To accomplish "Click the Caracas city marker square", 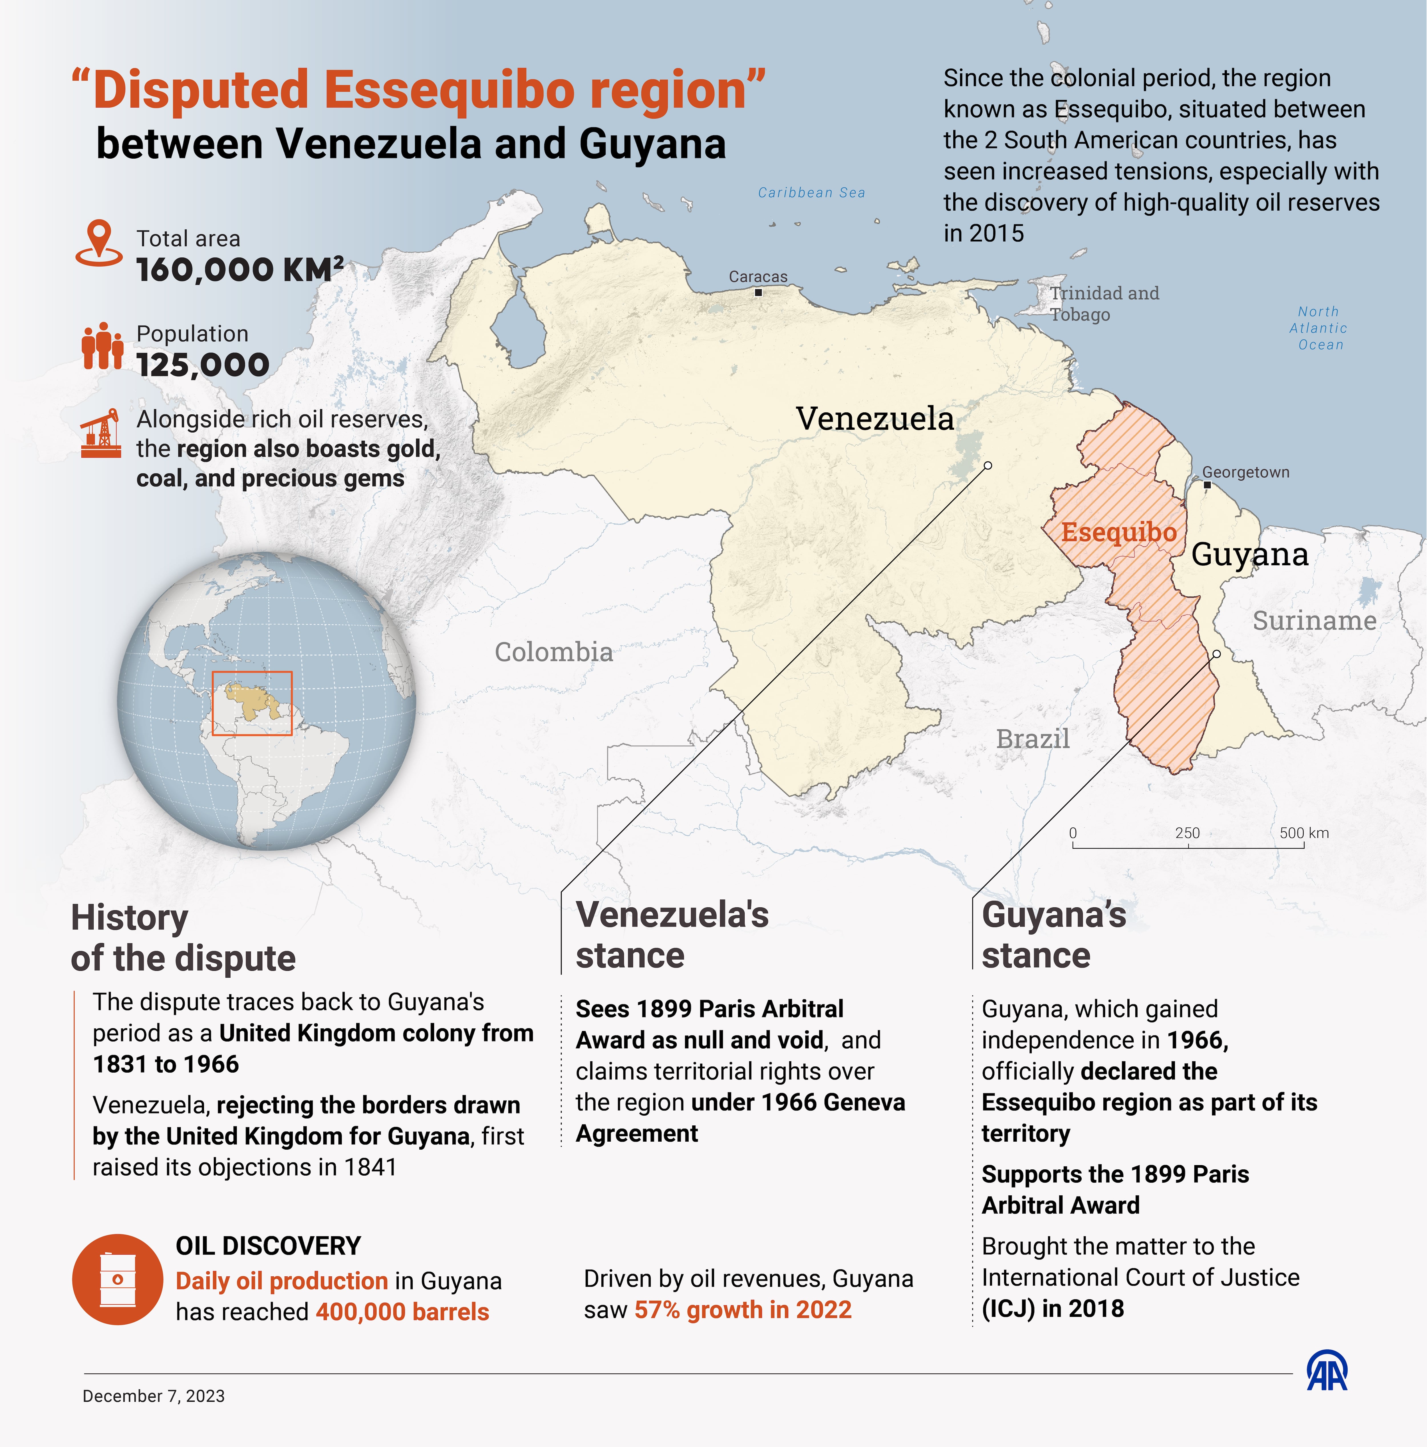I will point(758,293).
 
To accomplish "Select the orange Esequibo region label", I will point(1118,532).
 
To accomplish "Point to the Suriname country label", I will point(1314,621).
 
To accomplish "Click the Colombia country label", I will point(554,652).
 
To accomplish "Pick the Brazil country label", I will point(1032,739).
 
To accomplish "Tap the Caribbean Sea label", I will point(811,193).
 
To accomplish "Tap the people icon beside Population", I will point(102,346).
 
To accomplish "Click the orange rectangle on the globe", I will point(252,703).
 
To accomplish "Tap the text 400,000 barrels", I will point(402,1312).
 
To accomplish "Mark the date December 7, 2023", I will point(154,1396).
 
